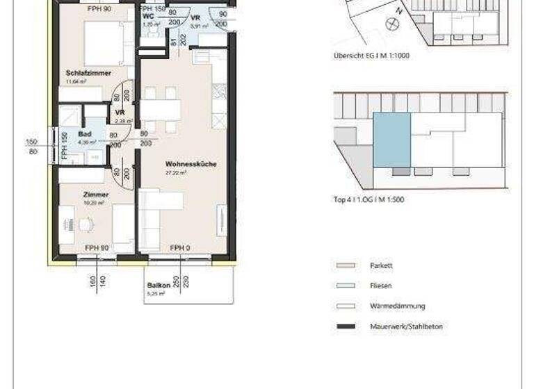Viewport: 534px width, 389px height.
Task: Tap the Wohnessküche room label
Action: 191,165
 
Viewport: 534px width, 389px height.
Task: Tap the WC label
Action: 148,16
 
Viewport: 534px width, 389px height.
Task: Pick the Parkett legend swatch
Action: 346,265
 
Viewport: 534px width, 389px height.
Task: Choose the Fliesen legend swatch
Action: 346,285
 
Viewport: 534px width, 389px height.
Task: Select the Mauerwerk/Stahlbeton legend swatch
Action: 346,326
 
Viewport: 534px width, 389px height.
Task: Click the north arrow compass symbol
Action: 392,24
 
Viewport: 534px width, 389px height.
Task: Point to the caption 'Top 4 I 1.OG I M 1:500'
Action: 369,199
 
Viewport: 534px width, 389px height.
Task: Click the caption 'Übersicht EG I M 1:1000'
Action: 371,56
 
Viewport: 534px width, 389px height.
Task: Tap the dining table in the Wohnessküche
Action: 161,110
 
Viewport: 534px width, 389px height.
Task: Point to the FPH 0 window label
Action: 180,248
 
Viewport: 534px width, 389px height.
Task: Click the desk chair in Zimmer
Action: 86,224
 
